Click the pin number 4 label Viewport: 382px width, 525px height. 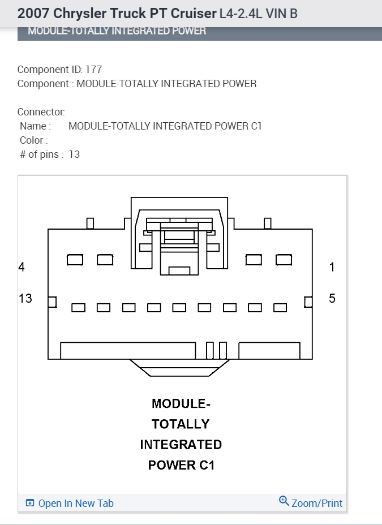pyautogui.click(x=22, y=267)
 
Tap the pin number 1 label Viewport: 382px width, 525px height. pyautogui.click(x=332, y=267)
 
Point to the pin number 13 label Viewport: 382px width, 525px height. pyautogui.click(x=25, y=298)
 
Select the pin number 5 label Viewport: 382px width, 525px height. pyautogui.click(x=332, y=298)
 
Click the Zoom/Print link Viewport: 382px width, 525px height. pyautogui.click(x=316, y=503)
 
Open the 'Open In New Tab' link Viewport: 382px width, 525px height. pyautogui.click(x=75, y=503)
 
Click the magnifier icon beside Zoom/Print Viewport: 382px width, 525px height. pyautogui.click(x=284, y=501)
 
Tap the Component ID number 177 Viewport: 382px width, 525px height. pyautogui.click(x=93, y=70)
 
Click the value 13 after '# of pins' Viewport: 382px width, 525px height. pyautogui.click(x=74, y=154)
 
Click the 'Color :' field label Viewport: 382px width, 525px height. pyautogui.click(x=34, y=140)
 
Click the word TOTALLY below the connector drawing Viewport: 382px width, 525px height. pyautogui.click(x=181, y=424)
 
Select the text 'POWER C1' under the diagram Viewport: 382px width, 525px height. pyautogui.click(x=181, y=465)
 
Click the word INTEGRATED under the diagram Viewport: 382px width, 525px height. pyautogui.click(x=181, y=445)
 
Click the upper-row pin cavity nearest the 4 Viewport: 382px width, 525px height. pyautogui.click(x=75, y=260)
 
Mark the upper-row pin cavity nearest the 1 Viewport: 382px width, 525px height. pyautogui.click(x=284, y=260)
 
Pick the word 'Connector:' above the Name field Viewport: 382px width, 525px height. pyautogui.click(x=41, y=112)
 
